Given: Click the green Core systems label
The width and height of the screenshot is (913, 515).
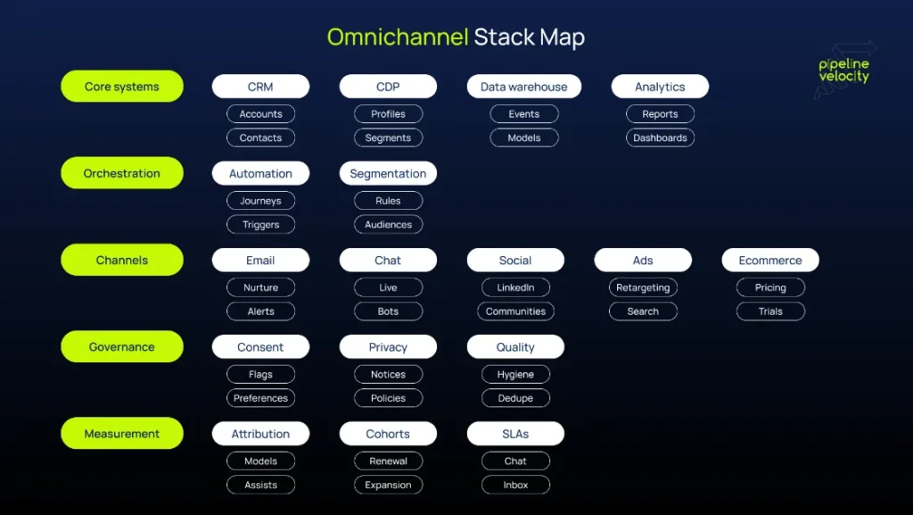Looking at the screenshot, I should click(x=122, y=87).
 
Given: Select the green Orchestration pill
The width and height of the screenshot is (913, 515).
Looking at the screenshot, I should click(x=122, y=173).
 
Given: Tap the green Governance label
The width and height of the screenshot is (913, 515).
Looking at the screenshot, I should click(x=122, y=347).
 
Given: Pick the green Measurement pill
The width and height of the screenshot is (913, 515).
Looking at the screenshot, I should click(x=122, y=434).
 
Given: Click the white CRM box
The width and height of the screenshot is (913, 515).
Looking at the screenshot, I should click(x=260, y=87).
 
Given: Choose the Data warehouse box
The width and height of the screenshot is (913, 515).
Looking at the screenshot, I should click(x=523, y=87).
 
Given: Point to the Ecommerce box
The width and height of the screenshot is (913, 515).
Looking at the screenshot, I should click(x=769, y=261).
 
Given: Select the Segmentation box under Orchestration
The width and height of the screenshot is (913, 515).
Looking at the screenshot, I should click(x=388, y=173).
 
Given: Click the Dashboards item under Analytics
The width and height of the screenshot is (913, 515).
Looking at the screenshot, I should click(x=660, y=138).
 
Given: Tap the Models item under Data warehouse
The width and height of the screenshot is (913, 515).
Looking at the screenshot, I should click(x=523, y=138).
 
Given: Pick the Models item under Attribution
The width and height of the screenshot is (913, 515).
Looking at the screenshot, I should click(x=260, y=461).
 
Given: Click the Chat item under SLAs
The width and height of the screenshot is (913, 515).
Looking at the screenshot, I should click(x=515, y=461).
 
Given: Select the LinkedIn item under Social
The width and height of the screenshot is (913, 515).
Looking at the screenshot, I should click(x=515, y=287).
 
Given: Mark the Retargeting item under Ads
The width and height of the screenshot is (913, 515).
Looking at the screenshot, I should click(x=643, y=287).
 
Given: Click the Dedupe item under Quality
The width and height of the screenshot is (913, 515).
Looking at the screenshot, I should click(x=515, y=398).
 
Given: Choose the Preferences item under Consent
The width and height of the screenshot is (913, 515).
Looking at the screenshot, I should click(x=260, y=398).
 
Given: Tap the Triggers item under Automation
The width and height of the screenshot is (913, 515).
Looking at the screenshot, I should click(x=260, y=225).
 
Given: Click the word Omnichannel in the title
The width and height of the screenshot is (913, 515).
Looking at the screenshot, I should click(x=397, y=37).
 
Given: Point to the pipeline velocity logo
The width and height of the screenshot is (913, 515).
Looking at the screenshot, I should click(x=843, y=71).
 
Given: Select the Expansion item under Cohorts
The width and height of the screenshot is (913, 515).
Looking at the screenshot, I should click(x=388, y=486).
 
